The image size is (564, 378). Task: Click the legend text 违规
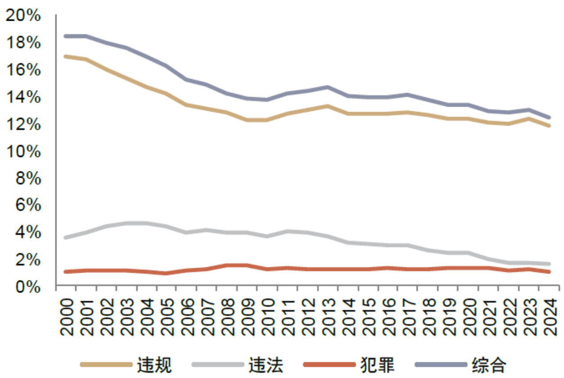155,364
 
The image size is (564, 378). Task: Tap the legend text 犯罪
378,364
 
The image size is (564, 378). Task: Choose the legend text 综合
489,364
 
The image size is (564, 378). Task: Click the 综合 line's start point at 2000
66,36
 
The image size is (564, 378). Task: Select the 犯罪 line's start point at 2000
66,272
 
